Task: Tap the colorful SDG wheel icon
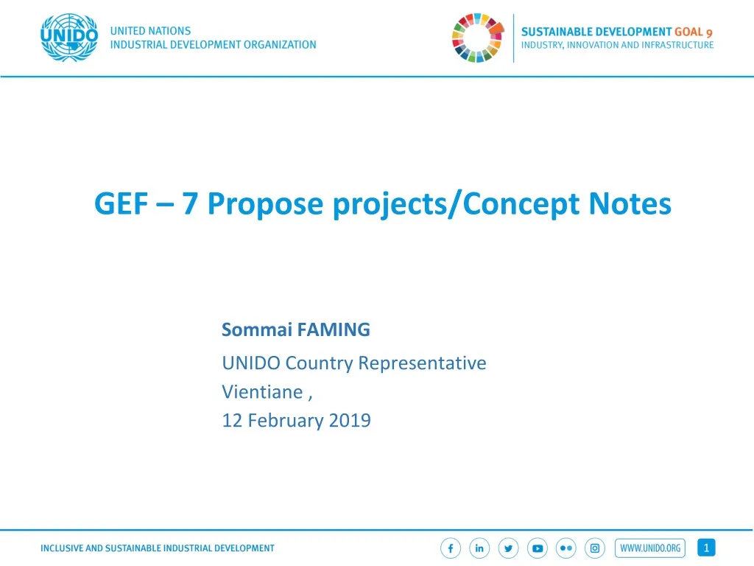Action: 476,38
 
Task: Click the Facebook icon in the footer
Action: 451,548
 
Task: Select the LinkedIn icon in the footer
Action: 479,548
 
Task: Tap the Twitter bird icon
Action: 508,548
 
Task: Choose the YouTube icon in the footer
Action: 538,548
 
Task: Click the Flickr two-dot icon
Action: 565,548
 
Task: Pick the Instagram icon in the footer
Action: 594,548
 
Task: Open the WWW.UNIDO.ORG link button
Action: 650,548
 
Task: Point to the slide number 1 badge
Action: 706,548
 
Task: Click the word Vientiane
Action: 263,392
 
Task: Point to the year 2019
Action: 350,421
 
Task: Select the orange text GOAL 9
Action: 694,32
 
